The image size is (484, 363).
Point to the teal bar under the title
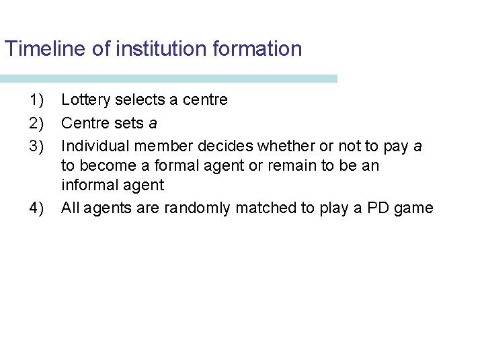[168, 79]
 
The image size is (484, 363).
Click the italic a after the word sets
[153, 123]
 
